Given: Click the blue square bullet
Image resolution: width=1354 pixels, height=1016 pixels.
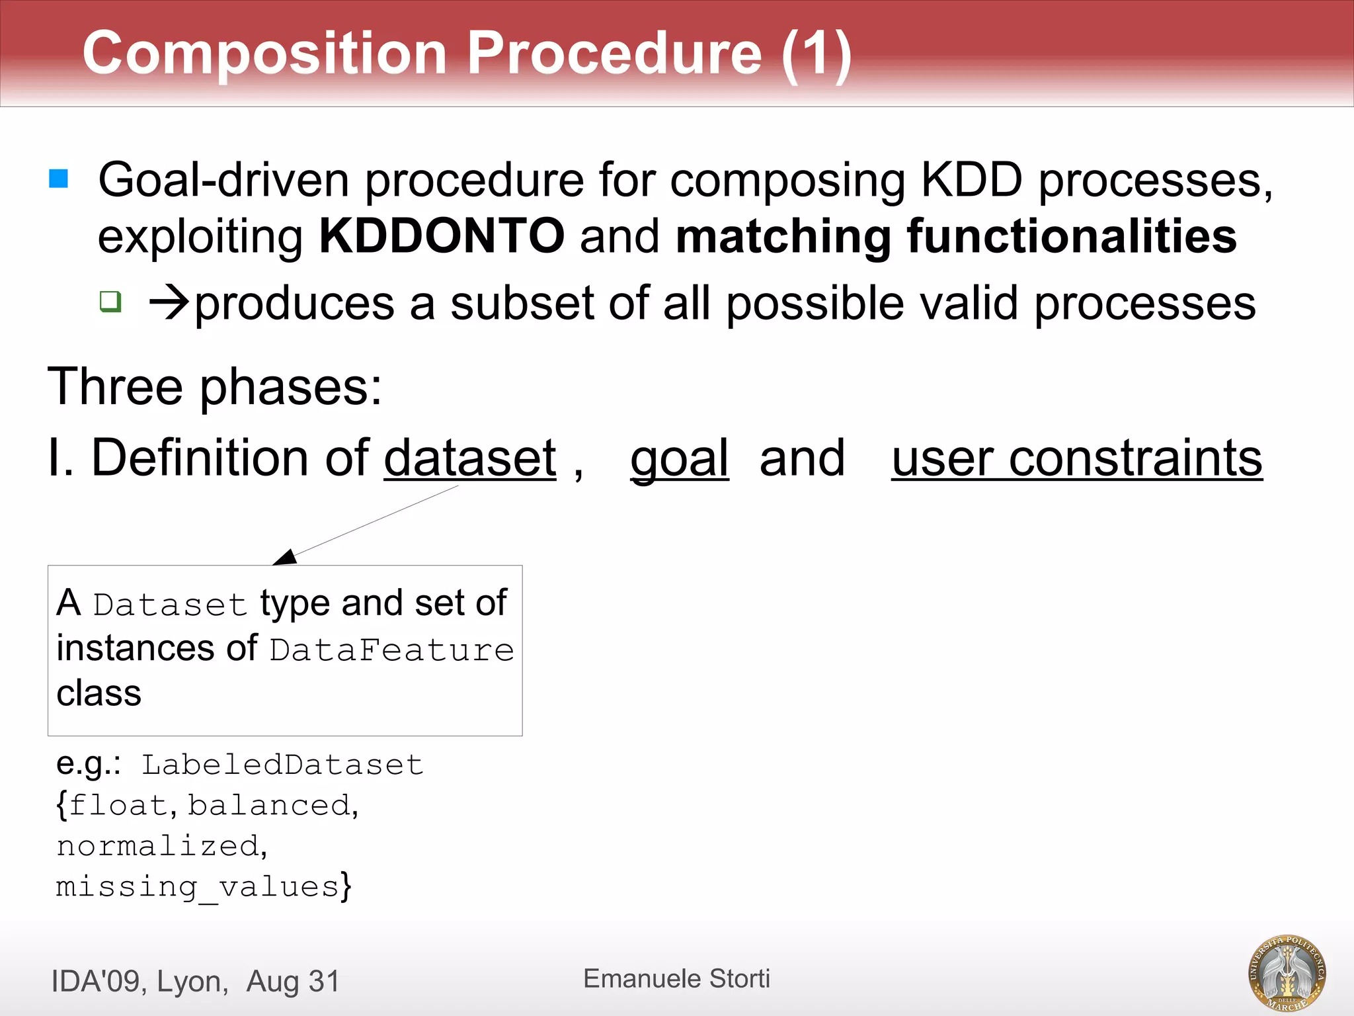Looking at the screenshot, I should pos(59,179).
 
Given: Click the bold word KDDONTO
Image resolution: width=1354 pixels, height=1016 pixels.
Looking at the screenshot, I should pos(442,236).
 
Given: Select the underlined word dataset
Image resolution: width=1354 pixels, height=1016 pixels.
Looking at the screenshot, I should pos(470,458).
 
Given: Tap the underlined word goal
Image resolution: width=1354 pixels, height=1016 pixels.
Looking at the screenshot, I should pos(679,458).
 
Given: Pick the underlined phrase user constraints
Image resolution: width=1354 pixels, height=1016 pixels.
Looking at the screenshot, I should pos(1076,458).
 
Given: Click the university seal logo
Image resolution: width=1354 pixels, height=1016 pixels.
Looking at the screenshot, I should pos(1287,973).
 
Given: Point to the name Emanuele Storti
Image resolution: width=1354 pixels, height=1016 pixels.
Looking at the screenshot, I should pos(676,978).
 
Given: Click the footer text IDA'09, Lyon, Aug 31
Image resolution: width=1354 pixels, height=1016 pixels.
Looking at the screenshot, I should pos(195,981).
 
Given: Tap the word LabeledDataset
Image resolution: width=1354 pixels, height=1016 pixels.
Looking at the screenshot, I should pos(282,765).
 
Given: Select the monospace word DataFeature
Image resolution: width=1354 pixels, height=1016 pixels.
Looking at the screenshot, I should pos(391,650).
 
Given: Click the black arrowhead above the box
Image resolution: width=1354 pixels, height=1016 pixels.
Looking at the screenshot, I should pos(286,557).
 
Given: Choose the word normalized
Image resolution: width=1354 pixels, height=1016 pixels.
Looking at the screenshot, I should pos(157,846).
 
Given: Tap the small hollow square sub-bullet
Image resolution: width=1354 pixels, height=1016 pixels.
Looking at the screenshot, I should pos(110,302).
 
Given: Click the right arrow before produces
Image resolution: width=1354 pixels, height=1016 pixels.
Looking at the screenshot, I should pos(169,304).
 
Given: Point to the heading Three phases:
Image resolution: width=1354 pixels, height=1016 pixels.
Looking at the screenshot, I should pos(215,386).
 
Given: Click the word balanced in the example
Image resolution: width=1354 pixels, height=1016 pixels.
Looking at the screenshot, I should pos(268,806).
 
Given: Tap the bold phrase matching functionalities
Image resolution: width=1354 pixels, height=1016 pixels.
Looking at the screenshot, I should pos(956,236).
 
